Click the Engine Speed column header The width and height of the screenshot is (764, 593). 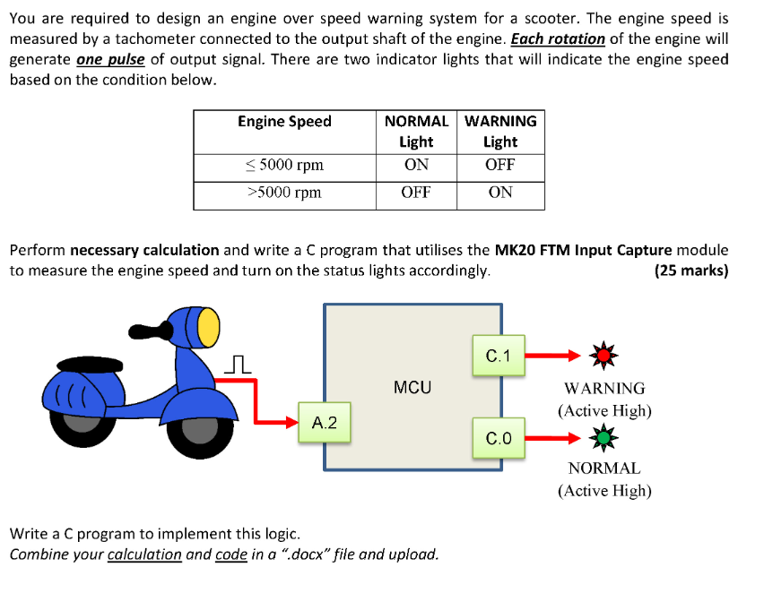pos(284,122)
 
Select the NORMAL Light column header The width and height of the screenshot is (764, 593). pos(416,131)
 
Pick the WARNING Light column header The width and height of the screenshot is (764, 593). pos(500,131)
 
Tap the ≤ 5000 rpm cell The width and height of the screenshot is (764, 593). pos(284,166)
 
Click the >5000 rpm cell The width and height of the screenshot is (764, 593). pos(284,193)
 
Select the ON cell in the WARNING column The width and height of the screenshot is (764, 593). pos(500,193)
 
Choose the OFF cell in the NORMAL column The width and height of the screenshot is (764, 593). pos(416,193)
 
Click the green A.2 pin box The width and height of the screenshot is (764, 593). pos(325,423)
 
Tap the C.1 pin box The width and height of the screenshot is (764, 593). pos(498,356)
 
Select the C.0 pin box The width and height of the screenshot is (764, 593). pos(498,439)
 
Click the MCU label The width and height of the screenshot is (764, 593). pos(412,387)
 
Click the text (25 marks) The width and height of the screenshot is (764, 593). pos(691,271)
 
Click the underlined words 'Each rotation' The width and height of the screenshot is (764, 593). pos(558,40)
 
